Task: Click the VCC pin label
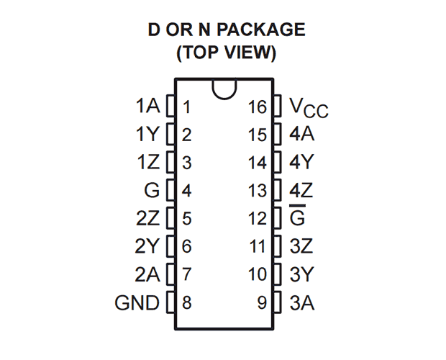[x=309, y=108]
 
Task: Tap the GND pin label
[x=137, y=303]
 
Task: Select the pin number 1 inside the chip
[x=186, y=108]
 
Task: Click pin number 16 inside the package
[x=257, y=108]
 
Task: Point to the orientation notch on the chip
[x=223, y=89]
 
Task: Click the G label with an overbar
[x=297, y=217]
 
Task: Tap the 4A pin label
[x=301, y=135]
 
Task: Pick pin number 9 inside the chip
[x=262, y=303]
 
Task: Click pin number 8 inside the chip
[x=186, y=303]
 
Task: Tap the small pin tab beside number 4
[x=171, y=191]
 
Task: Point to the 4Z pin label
[x=301, y=191]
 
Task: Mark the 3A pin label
[x=301, y=303]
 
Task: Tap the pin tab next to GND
[x=171, y=303]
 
